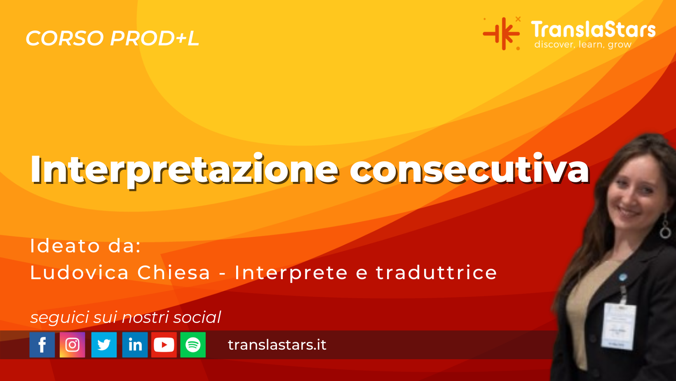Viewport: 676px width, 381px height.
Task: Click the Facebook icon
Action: (x=42, y=345)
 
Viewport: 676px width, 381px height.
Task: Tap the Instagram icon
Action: (x=73, y=345)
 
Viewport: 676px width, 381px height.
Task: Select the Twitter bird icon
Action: (x=104, y=345)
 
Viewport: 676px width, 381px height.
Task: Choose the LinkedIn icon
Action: (x=135, y=345)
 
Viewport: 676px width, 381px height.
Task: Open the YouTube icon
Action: (x=164, y=345)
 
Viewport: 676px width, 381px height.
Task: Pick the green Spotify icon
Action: (x=193, y=345)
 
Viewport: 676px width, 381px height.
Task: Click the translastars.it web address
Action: (x=277, y=345)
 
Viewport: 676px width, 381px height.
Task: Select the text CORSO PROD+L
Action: (x=112, y=38)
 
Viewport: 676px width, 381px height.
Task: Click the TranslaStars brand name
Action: (x=593, y=30)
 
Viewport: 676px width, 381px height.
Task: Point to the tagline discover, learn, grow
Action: (x=583, y=45)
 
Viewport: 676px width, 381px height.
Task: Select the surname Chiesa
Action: (x=174, y=273)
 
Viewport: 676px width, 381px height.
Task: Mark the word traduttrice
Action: (x=437, y=273)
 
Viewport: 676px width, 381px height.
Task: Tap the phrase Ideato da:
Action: (x=86, y=246)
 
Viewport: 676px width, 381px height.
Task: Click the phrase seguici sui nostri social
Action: (x=126, y=317)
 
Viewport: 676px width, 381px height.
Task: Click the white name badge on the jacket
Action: (x=619, y=326)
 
